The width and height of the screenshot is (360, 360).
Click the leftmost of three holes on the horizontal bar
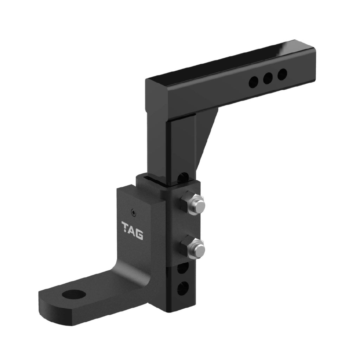253,83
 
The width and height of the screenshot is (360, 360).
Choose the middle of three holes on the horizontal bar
268,78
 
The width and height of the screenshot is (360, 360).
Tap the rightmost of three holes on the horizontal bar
282,74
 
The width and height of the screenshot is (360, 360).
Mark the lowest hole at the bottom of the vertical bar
182,289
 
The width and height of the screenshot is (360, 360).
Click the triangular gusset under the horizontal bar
207,134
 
